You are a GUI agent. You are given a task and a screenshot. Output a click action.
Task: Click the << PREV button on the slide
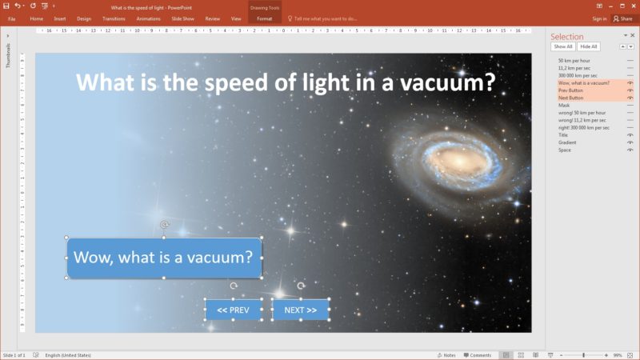234,310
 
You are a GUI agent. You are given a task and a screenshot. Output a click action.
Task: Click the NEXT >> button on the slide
301,310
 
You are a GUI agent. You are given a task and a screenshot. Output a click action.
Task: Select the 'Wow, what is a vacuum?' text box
164,258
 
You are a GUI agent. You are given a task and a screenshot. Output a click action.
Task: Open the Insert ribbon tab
60,18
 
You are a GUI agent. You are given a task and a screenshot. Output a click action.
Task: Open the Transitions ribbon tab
114,18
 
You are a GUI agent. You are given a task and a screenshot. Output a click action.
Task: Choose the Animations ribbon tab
149,18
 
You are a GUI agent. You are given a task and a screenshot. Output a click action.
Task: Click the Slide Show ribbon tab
183,18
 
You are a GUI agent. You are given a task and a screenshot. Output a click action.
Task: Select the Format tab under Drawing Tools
264,18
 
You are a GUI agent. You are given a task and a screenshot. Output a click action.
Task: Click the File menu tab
12,18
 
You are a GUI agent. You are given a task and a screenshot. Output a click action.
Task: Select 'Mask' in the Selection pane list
564,105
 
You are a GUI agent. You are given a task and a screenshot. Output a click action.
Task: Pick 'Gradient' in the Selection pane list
568,142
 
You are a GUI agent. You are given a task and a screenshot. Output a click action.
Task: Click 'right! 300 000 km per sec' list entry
584,127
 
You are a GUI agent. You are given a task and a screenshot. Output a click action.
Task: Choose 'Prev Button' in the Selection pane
570,90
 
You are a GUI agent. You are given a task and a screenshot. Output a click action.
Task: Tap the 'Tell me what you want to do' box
324,18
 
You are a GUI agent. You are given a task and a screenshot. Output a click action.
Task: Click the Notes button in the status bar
446,354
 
